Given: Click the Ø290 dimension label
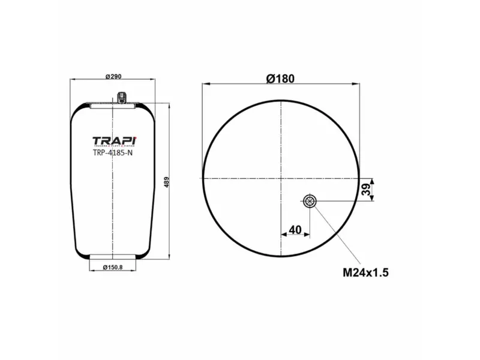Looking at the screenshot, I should pyautogui.click(x=113, y=76).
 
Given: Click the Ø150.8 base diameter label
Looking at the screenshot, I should pyautogui.click(x=113, y=267).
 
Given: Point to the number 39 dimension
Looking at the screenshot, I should pyautogui.click(x=365, y=190).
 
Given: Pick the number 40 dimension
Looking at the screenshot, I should pyautogui.click(x=295, y=229).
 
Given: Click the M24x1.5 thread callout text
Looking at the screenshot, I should pyautogui.click(x=366, y=272).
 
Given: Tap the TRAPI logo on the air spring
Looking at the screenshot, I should pyautogui.click(x=114, y=142).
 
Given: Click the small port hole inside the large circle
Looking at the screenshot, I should pyautogui.click(x=310, y=201).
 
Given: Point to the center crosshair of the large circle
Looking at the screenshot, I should pyautogui.click(x=281, y=178).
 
